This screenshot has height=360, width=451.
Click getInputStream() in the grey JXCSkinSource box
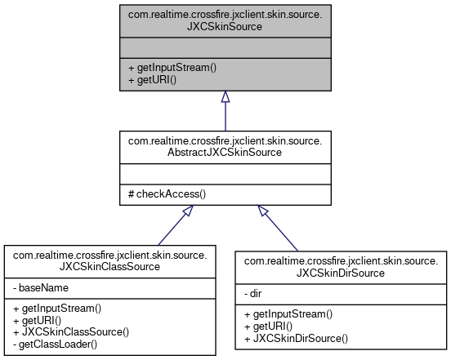[x=172, y=68]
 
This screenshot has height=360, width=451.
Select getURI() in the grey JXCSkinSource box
[x=153, y=80]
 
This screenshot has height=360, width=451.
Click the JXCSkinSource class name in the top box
[x=225, y=20]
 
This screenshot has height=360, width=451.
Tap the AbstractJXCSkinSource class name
[x=225, y=147]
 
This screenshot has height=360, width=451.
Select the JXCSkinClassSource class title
[x=110, y=260]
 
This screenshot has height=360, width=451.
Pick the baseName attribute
[x=41, y=288]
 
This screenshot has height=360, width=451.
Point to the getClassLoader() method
[x=56, y=344]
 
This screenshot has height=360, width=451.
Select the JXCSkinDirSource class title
[x=342, y=266]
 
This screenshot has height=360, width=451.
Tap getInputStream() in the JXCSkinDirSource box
[x=288, y=314]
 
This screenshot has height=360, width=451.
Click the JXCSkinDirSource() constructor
[x=297, y=338]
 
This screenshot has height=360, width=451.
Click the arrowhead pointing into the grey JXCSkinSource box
[x=225, y=97]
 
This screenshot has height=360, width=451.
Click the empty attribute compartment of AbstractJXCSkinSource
[x=225, y=173]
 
